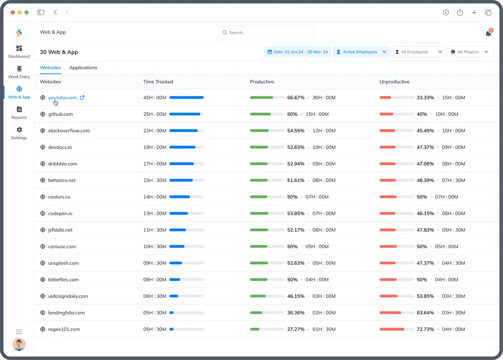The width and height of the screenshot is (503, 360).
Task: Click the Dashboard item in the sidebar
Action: pyautogui.click(x=19, y=51)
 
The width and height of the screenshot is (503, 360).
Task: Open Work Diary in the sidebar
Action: pyautogui.click(x=19, y=72)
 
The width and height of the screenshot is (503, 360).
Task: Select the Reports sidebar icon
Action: pyautogui.click(x=19, y=112)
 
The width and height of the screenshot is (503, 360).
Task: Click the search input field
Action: pyautogui.click(x=267, y=32)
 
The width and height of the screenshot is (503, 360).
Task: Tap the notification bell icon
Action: pyautogui.click(x=488, y=33)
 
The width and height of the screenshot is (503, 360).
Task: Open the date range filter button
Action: pyautogui.click(x=297, y=52)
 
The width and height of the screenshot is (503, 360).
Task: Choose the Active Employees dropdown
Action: pyautogui.click(x=361, y=52)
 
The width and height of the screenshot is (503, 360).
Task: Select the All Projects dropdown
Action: pyautogui.click(x=470, y=52)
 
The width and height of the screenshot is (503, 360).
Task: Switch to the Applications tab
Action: pyautogui.click(x=83, y=68)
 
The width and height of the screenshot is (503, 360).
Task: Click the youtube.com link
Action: pyautogui.click(x=62, y=98)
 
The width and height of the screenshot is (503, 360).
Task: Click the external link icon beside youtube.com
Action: pyautogui.click(x=82, y=98)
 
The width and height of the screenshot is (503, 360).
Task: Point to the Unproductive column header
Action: pyautogui.click(x=394, y=82)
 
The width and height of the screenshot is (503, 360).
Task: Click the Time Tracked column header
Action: pyautogui.click(x=158, y=82)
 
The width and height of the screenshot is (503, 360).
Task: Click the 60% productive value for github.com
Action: pyautogui.click(x=292, y=114)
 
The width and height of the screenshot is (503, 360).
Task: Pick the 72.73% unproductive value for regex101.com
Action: pyautogui.click(x=425, y=329)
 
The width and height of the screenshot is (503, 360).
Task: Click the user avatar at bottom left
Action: pyautogui.click(x=19, y=344)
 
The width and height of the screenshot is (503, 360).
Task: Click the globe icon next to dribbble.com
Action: pyautogui.click(x=43, y=164)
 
